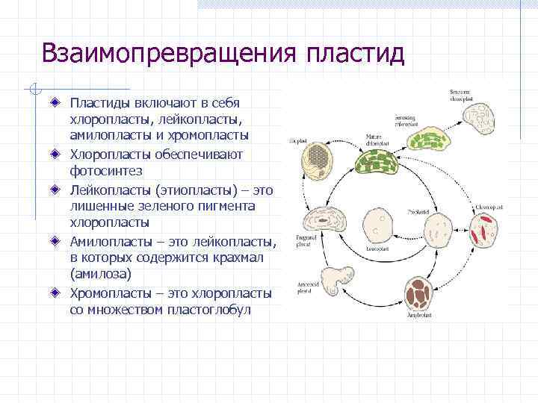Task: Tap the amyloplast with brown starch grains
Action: point(423,293)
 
